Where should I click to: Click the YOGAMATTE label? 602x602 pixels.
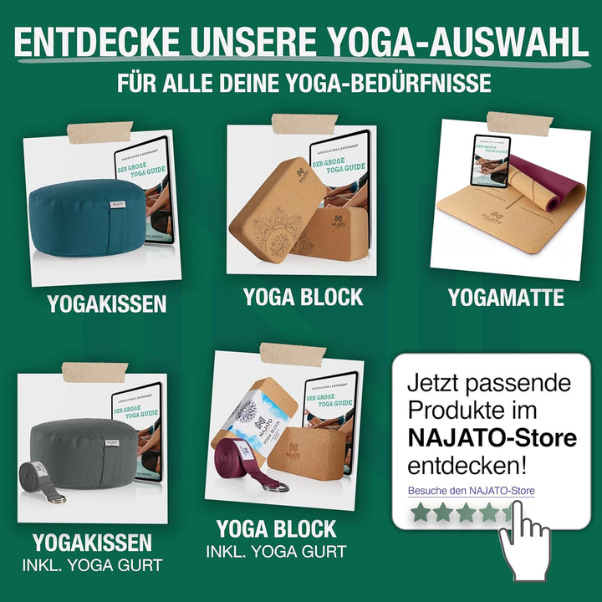[505, 298]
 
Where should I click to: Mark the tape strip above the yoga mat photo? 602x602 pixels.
[519, 123]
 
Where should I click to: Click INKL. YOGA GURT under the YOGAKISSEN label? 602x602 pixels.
[92, 564]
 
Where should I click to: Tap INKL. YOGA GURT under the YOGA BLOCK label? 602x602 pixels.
[276, 552]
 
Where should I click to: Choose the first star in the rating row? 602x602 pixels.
[421, 513]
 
